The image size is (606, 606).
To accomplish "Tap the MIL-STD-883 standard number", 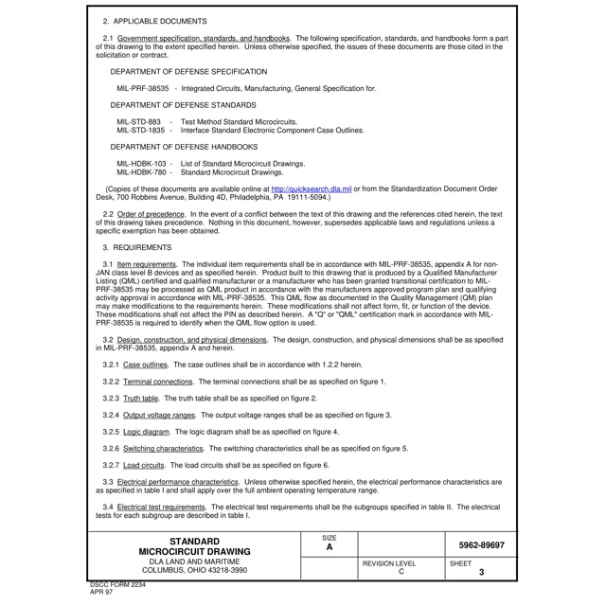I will tap(139, 122).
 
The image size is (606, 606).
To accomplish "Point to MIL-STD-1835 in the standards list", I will tap(141, 131).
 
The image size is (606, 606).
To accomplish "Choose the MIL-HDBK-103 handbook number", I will tap(142, 164).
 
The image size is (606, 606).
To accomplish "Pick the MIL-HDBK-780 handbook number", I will tap(142, 172).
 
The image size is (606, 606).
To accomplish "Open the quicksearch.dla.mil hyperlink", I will tap(312, 189).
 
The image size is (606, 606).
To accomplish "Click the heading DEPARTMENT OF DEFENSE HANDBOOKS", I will tap(184, 148).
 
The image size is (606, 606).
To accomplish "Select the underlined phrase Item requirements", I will tap(147, 264).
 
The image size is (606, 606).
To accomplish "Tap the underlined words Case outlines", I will tap(146, 364).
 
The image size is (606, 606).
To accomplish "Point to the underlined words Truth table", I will tap(141, 398).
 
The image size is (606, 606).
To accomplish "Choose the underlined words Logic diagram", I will tap(146, 432).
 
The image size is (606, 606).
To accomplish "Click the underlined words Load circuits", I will tap(144, 465).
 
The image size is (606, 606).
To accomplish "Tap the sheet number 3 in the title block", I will tap(481, 572).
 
